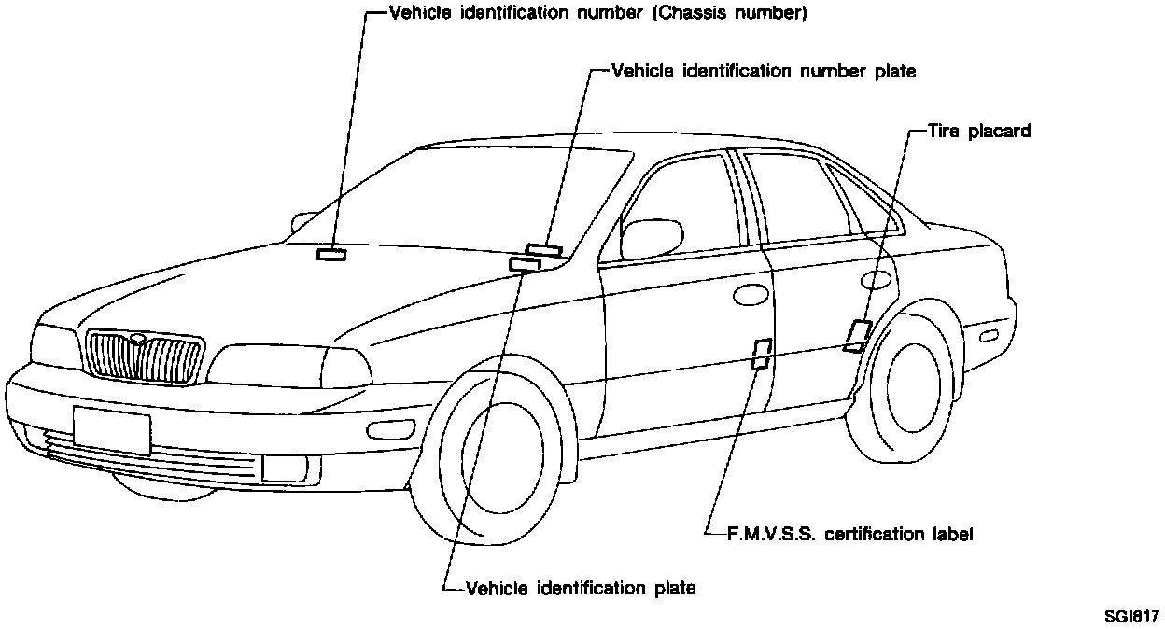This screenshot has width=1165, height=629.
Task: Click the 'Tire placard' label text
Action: click(979, 132)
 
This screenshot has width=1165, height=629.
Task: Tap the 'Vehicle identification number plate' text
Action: click(763, 71)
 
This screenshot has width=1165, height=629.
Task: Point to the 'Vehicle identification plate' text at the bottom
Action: click(580, 588)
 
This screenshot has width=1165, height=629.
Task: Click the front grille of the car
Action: click(144, 356)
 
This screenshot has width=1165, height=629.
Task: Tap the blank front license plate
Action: click(111, 428)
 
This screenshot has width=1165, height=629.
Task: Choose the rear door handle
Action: click(876, 279)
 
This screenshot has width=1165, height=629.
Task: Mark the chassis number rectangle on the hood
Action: click(330, 254)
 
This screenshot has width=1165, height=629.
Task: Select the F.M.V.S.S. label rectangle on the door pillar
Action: click(761, 354)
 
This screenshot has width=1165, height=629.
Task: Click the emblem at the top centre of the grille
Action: click(138, 339)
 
